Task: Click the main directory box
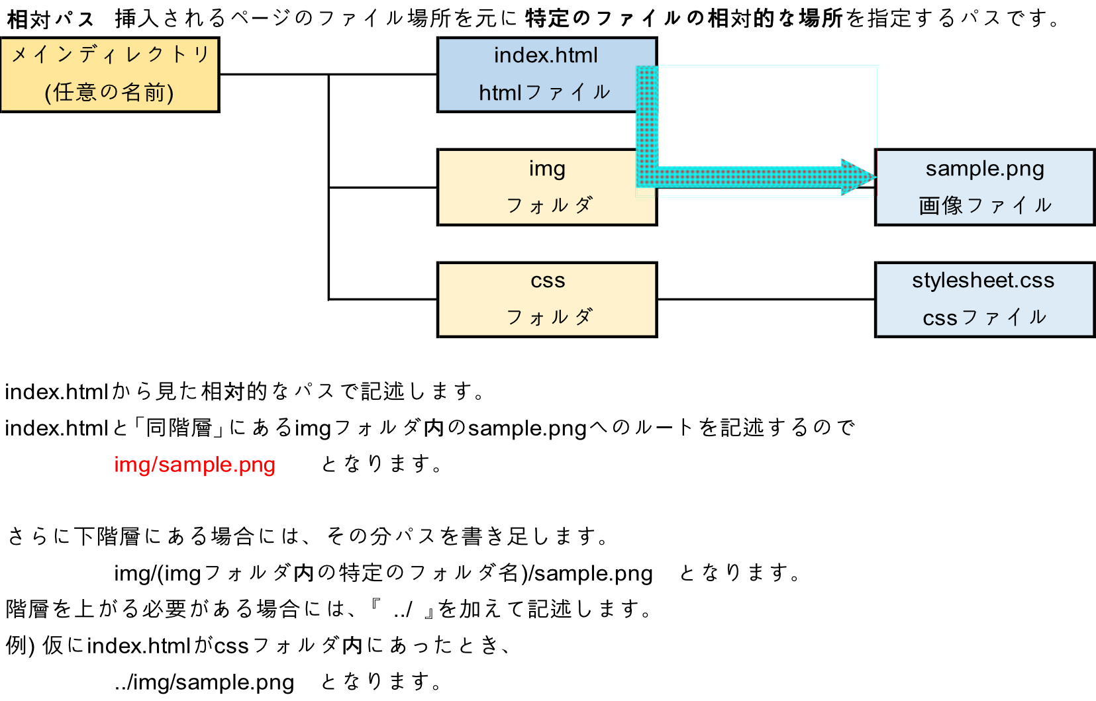110,75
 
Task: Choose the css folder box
547,300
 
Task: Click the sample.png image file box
985,188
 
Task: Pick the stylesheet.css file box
985,300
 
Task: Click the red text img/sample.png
195,465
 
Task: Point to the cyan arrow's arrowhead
858,177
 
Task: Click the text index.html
546,56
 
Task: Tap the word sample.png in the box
985,169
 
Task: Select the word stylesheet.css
983,281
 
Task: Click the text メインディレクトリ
110,54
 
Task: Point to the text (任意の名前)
110,93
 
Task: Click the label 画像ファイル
985,206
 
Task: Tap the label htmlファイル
544,93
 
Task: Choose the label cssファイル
985,318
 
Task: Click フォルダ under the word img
548,206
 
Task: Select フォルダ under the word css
548,318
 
